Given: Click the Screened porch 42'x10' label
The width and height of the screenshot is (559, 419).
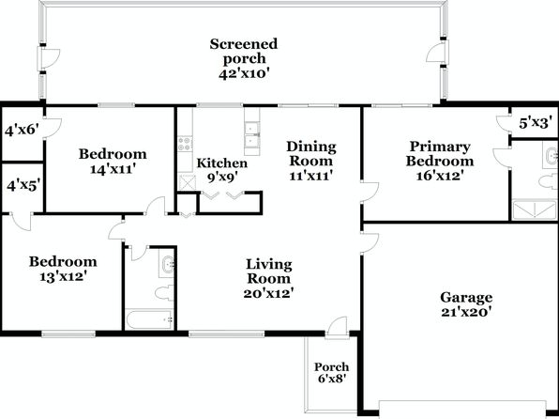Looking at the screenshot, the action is point(244,59).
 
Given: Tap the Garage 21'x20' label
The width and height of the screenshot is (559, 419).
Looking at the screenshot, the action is point(466,304).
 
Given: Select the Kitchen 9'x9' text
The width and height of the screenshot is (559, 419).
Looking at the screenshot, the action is point(221,170).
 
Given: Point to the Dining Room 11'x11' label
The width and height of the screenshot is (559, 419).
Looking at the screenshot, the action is point(311,161).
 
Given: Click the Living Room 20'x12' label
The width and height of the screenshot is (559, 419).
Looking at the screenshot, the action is point(269,279).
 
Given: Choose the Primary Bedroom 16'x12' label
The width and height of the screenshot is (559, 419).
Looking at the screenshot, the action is point(440,161).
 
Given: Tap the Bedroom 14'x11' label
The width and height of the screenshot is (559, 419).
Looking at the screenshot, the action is point(113,161).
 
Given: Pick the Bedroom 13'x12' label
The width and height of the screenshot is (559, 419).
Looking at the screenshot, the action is point(63,269).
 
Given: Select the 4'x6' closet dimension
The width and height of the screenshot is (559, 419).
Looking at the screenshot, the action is point(22,130).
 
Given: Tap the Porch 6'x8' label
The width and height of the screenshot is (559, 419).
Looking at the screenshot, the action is point(331,373).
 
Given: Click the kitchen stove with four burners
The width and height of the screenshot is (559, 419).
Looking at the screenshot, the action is point(185,144).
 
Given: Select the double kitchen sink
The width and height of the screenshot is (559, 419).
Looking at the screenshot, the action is point(252,134).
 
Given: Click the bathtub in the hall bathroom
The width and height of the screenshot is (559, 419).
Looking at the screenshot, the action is point(150,319).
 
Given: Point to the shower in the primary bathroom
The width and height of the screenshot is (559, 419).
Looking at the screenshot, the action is point(535,209).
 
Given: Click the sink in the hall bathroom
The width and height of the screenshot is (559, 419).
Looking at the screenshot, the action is point(167,266).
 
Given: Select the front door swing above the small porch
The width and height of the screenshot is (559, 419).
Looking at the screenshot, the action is point(337,326).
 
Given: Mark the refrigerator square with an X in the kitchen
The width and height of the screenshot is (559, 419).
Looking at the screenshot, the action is point(186,182).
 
